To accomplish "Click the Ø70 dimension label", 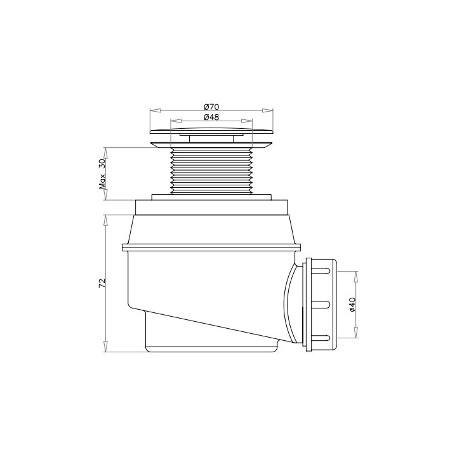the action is pos(211,107).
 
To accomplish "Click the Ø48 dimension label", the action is pos(211,117).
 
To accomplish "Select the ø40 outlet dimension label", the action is pos(352,304).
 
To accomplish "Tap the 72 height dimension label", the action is pos(102,283).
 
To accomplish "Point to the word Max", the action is pos(102,182).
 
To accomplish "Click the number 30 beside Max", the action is pos(102,164).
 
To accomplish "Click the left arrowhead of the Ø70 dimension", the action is pos(156,110).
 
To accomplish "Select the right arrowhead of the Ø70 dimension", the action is pos(268,110).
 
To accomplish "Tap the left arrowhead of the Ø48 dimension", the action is pos(176,121).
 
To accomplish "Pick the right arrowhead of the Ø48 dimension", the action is pos(246,121).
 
